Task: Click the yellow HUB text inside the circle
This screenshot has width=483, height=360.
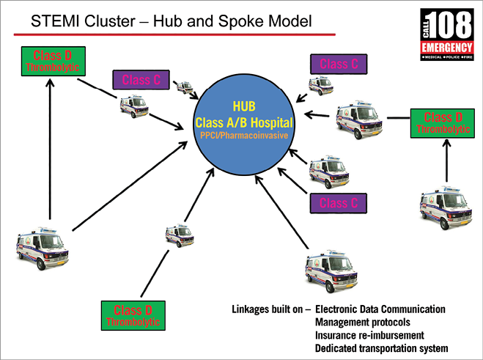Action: point(242,106)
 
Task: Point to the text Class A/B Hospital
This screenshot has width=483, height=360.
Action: point(242,122)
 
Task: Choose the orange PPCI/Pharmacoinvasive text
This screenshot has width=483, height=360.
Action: point(242,136)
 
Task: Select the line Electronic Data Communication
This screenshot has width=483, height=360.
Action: point(380,309)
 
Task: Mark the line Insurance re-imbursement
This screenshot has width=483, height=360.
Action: point(366,335)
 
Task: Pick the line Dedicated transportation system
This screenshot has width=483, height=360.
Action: point(381,348)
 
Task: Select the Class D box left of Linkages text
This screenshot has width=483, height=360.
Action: point(133,315)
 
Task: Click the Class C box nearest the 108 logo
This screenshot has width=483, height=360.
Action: point(339,65)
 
